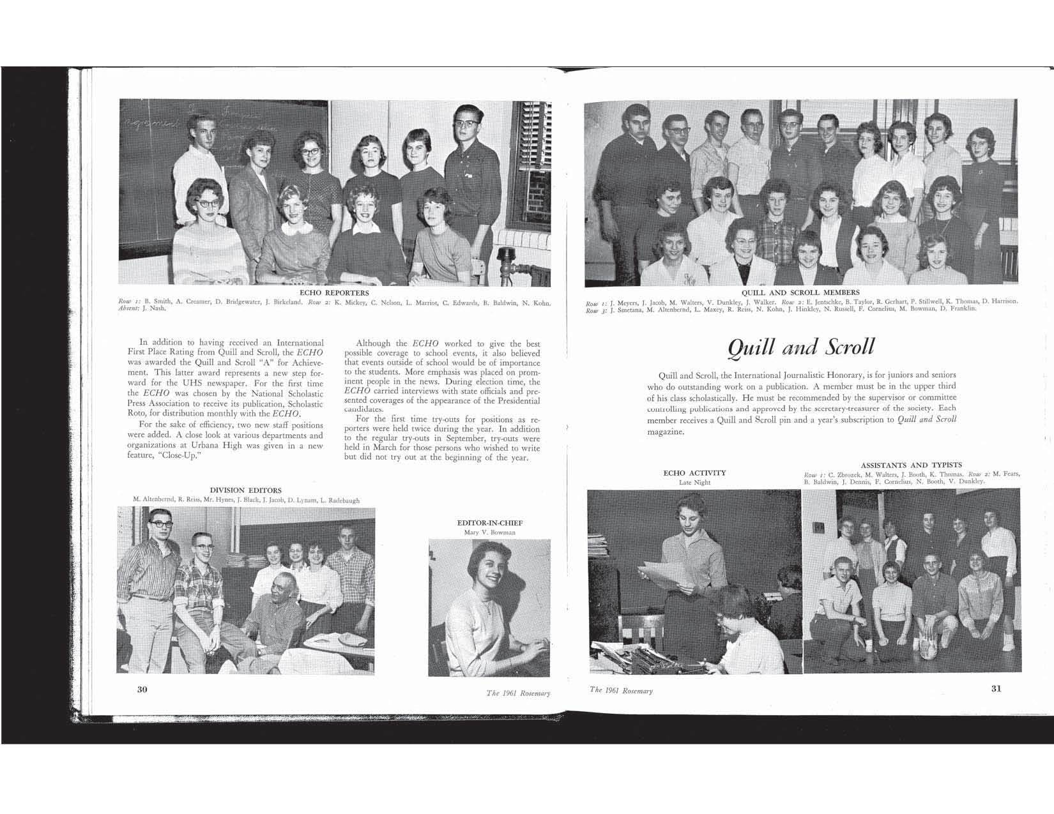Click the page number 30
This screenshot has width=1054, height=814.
pyautogui.click(x=142, y=689)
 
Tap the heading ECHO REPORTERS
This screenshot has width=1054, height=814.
pyautogui.click(x=334, y=293)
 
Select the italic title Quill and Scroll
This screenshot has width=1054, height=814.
pyautogui.click(x=801, y=346)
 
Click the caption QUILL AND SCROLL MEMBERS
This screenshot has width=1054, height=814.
pyautogui.click(x=800, y=292)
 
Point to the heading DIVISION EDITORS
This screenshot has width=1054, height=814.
pyautogui.click(x=246, y=490)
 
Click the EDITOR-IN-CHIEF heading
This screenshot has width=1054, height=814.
pyautogui.click(x=489, y=523)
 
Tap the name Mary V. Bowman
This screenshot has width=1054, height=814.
pyautogui.click(x=489, y=532)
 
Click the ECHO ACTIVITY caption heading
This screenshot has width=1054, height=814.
pyautogui.click(x=694, y=473)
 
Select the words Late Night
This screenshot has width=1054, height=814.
pyautogui.click(x=694, y=483)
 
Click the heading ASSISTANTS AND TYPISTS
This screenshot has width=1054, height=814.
pyautogui.click(x=911, y=465)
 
